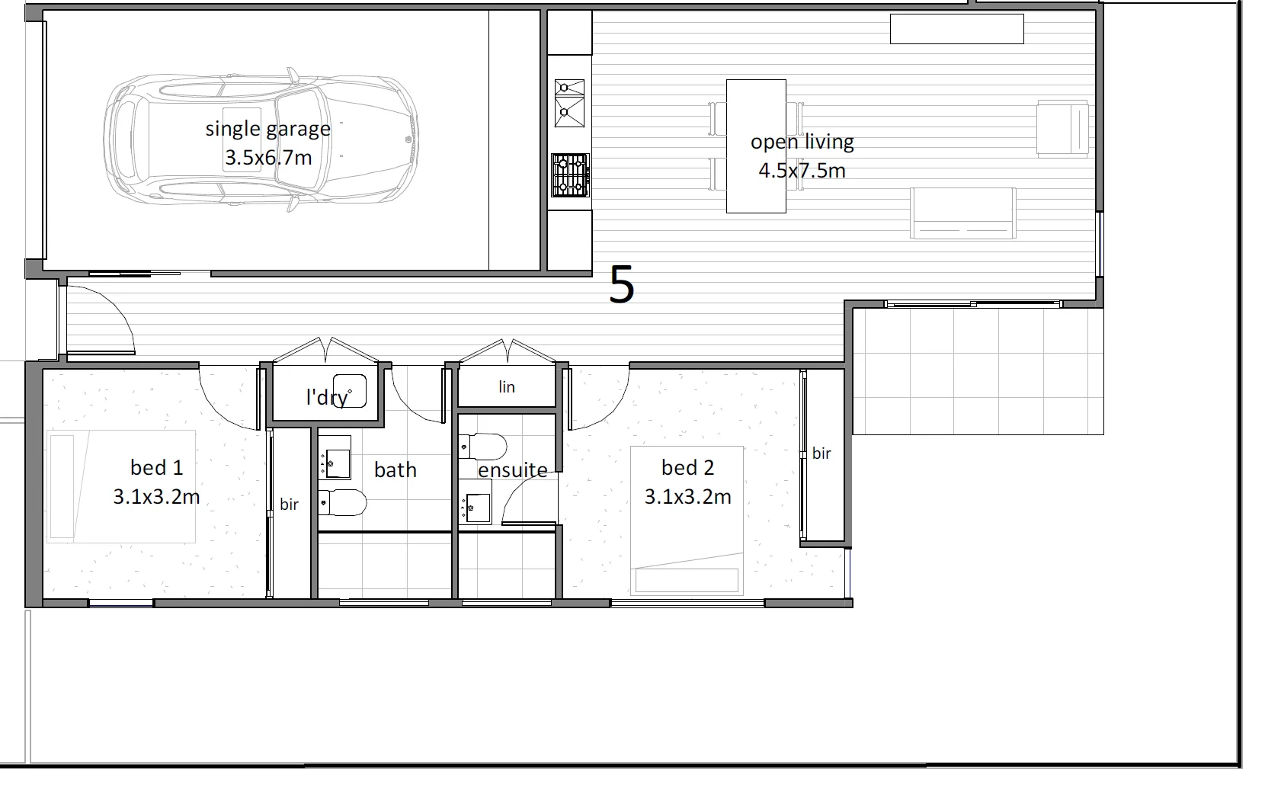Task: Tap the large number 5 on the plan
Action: click(622, 285)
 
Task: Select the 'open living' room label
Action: click(802, 142)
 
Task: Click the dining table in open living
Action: click(756, 146)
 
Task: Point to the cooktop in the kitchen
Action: click(570, 174)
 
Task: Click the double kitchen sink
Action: click(570, 103)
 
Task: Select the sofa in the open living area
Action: click(963, 213)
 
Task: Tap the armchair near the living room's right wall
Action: click(1062, 129)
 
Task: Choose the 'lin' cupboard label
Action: click(507, 387)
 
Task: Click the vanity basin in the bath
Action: click(336, 461)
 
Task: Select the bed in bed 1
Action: click(121, 486)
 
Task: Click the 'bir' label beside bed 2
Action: click(821, 453)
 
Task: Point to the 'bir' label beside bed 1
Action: click(289, 505)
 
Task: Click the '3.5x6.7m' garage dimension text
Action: click(268, 159)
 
